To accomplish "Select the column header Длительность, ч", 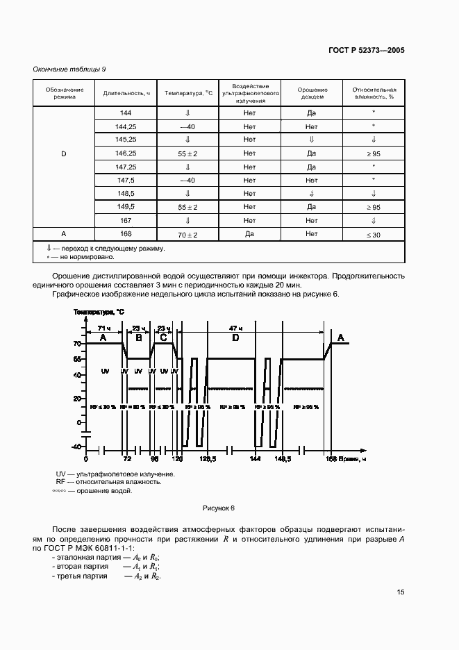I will tap(127, 94).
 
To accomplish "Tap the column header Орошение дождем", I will tap(312, 94).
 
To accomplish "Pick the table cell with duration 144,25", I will tap(126, 126).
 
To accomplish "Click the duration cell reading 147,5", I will tap(126, 180).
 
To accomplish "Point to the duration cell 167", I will tap(126, 221).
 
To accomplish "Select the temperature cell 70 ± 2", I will tap(187, 235).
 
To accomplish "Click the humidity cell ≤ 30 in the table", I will tap(374, 235).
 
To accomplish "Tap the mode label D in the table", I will tap(64, 153).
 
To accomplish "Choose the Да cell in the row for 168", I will tap(251, 235).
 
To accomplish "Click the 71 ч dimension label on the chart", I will tap(103, 327).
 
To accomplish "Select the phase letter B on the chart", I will tap(138, 337).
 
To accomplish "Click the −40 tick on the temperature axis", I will tap(76, 447).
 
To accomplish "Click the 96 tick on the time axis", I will tap(154, 459).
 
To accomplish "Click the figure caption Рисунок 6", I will tap(219, 508).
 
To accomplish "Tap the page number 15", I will tap(401, 592).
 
